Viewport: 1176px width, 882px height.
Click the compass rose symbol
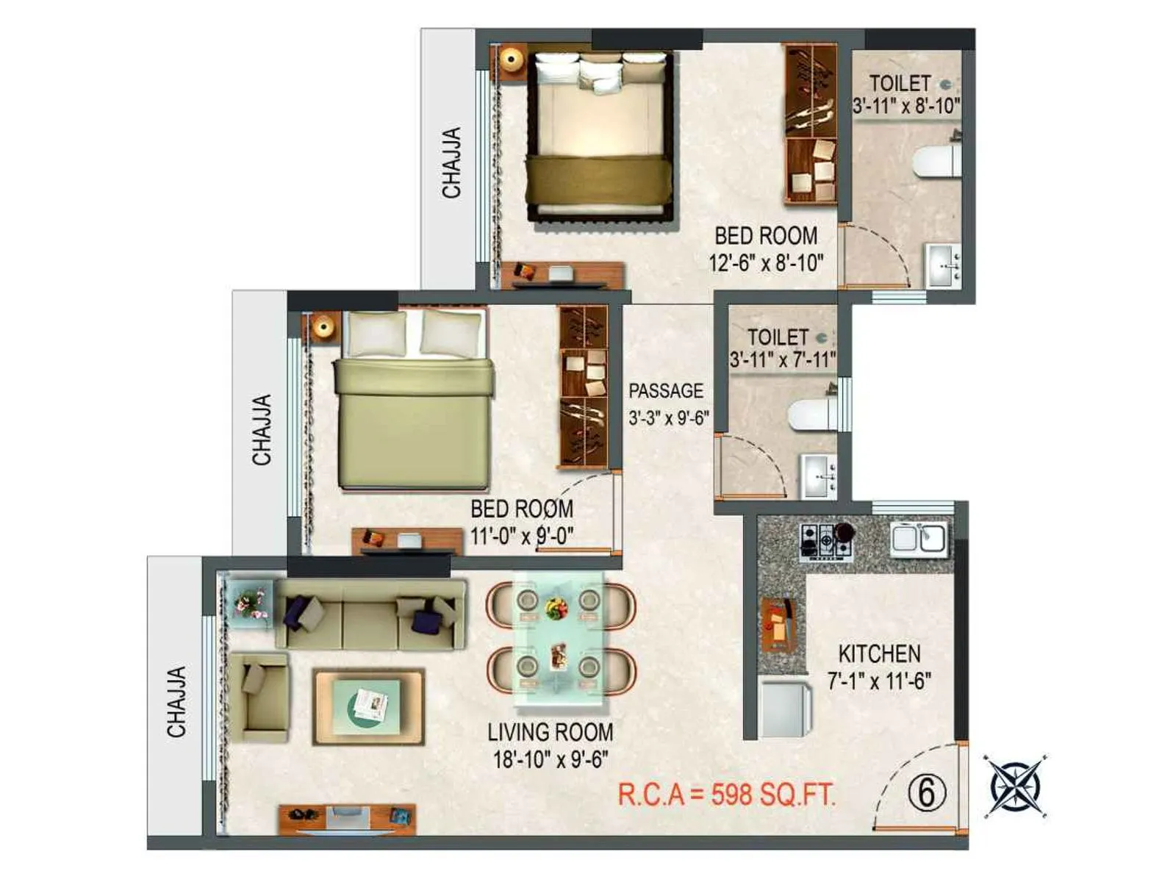click(1017, 786)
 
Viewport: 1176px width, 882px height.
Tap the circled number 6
click(925, 793)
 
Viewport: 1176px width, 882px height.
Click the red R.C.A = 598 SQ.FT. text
click(726, 795)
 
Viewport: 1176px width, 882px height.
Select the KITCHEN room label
click(879, 653)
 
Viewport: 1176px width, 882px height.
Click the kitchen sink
click(919, 538)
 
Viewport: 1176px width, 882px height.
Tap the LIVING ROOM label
click(550, 732)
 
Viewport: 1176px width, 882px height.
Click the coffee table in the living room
click(369, 706)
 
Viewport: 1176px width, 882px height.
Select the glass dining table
click(559, 635)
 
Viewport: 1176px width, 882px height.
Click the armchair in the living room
click(259, 695)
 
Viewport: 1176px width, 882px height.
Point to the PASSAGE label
click(666, 391)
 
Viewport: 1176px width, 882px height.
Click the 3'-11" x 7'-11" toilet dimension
click(783, 360)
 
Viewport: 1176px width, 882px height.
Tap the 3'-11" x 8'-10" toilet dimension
click(906, 106)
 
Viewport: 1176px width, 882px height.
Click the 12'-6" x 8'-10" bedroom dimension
click(766, 262)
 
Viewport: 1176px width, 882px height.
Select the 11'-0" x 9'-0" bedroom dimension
click(522, 536)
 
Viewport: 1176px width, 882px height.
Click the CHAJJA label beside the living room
click(176, 702)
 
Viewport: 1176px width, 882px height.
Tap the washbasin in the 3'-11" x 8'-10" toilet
click(943, 265)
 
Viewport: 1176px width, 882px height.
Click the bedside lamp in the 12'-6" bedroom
click(510, 58)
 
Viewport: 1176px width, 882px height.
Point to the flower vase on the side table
click(248, 603)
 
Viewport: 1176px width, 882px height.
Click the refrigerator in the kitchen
click(784, 709)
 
